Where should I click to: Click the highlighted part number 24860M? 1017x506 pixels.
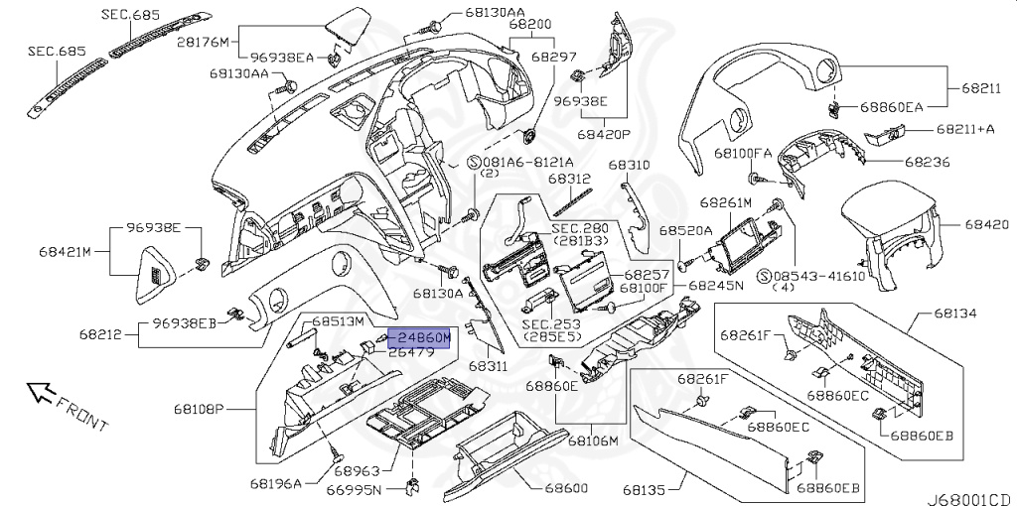(423, 337)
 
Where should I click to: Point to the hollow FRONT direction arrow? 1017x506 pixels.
(40, 392)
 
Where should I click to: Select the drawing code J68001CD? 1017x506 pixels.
(970, 499)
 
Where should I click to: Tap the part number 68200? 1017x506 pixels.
(530, 25)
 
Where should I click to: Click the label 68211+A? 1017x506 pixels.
(965, 129)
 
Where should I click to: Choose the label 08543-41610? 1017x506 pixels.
(829, 276)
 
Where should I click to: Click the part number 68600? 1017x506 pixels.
(566, 488)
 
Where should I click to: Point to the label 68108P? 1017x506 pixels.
(199, 409)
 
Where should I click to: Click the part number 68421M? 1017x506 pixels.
(65, 252)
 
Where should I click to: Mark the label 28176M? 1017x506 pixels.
(203, 42)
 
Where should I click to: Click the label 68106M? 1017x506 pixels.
(594, 442)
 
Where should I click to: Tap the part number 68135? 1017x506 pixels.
(644, 494)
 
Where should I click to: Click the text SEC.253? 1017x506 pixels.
(551, 324)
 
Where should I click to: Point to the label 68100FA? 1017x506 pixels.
(743, 153)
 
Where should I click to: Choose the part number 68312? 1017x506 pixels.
(569, 178)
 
